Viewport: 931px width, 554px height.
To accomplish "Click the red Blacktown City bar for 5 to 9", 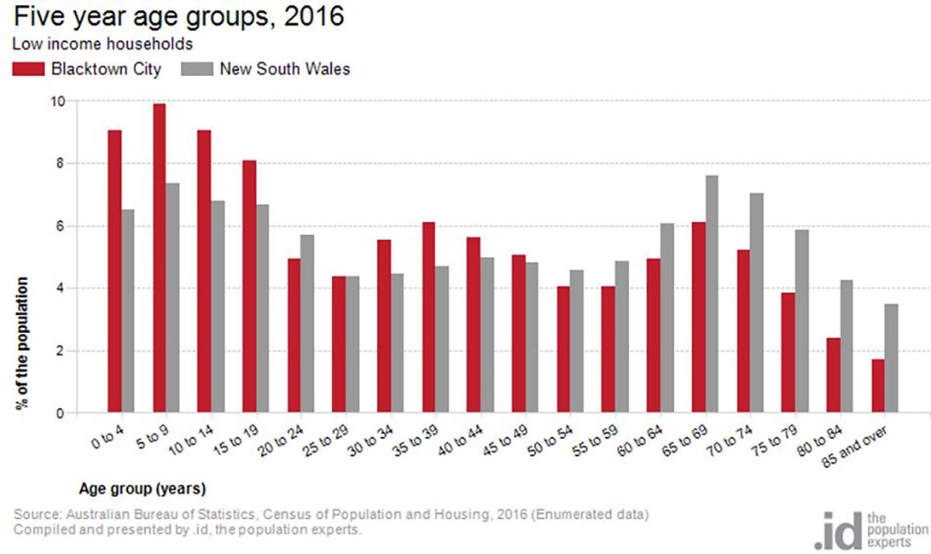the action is click(x=159, y=258).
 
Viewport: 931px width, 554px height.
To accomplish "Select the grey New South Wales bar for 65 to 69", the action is click(x=711, y=294).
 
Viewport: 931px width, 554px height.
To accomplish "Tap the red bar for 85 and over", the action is click(x=878, y=386).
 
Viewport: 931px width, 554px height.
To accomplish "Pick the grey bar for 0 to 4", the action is click(x=128, y=311).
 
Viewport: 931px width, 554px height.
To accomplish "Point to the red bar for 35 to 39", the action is click(x=428, y=317).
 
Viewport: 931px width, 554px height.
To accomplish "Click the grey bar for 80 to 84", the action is click(x=846, y=346).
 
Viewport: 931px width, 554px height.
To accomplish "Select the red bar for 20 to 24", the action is click(x=294, y=335).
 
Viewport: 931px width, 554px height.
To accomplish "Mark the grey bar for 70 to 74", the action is click(x=757, y=303).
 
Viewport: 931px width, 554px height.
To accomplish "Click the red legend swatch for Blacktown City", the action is click(x=28, y=69).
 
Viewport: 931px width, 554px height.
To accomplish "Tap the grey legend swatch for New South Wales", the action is click(x=197, y=69).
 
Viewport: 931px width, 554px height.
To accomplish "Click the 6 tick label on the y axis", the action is click(x=61, y=226).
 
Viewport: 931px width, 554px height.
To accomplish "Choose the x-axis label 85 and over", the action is click(x=855, y=447).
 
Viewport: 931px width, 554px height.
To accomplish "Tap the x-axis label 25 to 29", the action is click(x=325, y=441).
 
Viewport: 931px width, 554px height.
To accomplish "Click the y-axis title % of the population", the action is click(x=22, y=343).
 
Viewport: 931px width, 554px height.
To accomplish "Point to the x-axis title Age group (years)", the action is click(x=143, y=488).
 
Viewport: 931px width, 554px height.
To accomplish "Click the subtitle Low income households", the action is click(x=102, y=44).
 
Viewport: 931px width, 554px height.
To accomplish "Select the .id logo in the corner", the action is click(x=870, y=530).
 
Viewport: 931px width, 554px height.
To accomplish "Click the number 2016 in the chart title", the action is click(x=314, y=16).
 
